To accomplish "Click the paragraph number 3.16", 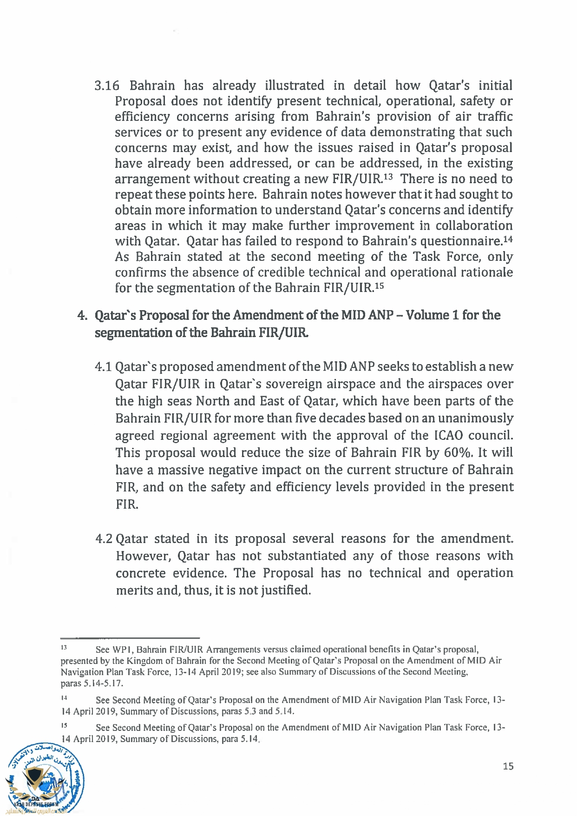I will pos(106,86).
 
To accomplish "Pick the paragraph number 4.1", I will pos(103,367).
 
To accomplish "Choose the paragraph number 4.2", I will pos(104,539).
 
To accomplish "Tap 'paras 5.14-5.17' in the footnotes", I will pos(92,683).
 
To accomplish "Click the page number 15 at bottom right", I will pos(508,766).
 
